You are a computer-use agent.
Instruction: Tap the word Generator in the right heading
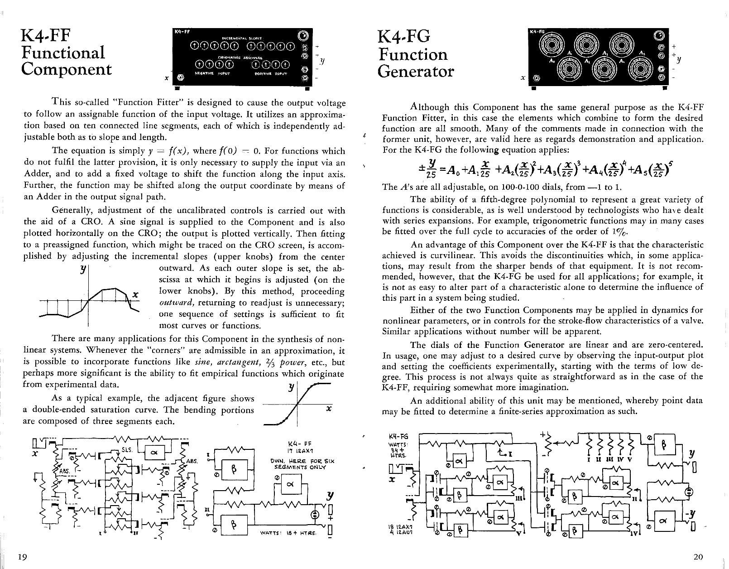(x=416, y=71)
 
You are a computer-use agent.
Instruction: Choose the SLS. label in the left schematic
(x=127, y=449)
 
